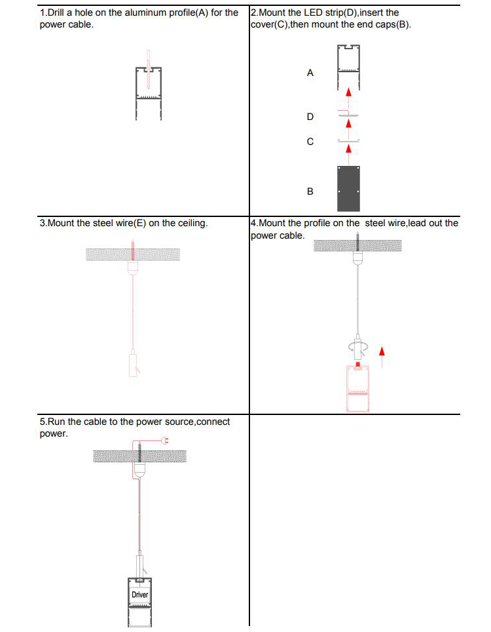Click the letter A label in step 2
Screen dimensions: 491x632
coord(310,73)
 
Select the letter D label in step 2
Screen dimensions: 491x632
coord(310,117)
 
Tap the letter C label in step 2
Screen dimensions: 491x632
coord(310,142)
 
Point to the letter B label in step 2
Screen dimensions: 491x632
coord(310,191)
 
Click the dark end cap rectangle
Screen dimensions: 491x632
coord(348,189)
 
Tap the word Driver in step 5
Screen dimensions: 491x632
coord(139,595)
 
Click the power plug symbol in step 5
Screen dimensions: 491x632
coord(164,440)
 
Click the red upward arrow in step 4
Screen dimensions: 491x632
coord(382,356)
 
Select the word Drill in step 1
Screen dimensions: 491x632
coord(56,12)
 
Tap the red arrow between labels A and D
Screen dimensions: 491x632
coord(349,97)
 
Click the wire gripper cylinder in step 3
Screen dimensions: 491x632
coord(133,365)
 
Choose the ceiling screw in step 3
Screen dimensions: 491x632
coord(132,250)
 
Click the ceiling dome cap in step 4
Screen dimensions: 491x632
coord(358,258)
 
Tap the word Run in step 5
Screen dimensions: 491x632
coord(56,422)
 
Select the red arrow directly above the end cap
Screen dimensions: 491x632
coord(349,153)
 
